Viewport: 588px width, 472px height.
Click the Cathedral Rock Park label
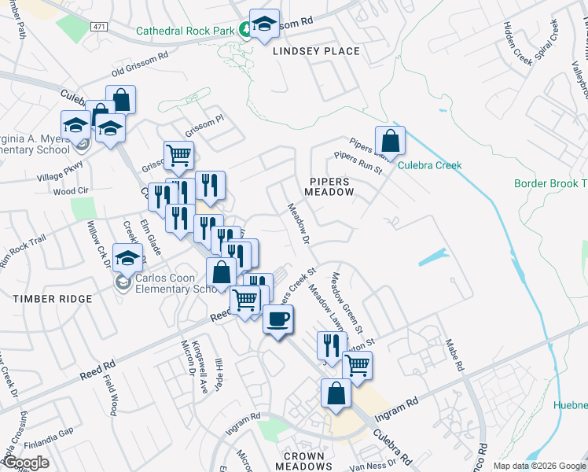click(x=186, y=31)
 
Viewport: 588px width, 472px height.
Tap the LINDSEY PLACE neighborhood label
click(x=316, y=51)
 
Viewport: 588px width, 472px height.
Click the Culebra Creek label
click(x=429, y=165)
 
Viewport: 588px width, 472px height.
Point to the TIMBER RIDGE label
click(x=53, y=299)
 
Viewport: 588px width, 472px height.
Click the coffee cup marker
click(x=278, y=319)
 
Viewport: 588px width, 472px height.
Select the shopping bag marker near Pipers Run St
click(x=390, y=142)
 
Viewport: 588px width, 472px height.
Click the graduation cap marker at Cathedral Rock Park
click(x=265, y=24)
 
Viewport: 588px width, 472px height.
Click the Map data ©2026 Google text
click(x=539, y=466)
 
